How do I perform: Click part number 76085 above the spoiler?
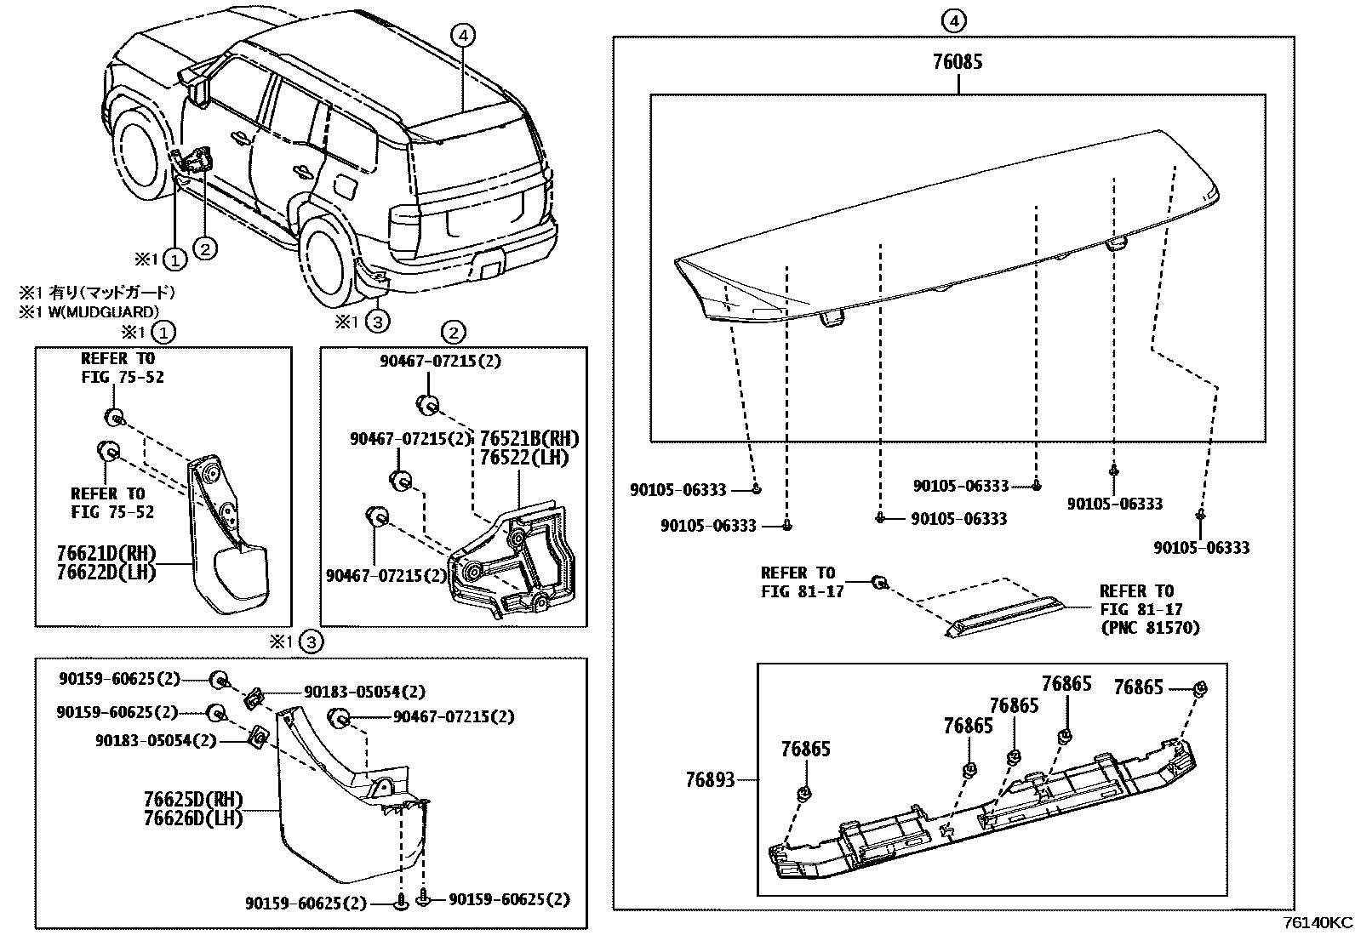point(958,62)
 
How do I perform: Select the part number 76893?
point(710,779)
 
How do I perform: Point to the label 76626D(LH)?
point(193,818)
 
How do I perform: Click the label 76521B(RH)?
point(529,439)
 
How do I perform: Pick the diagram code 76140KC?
point(1318,923)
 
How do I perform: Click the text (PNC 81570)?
point(1149,628)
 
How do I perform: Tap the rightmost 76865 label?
point(1138,687)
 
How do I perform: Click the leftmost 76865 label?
point(806,750)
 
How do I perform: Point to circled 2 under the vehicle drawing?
point(205,248)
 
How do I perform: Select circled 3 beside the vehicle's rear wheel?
point(377,321)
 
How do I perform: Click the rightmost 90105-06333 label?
point(1202,548)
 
